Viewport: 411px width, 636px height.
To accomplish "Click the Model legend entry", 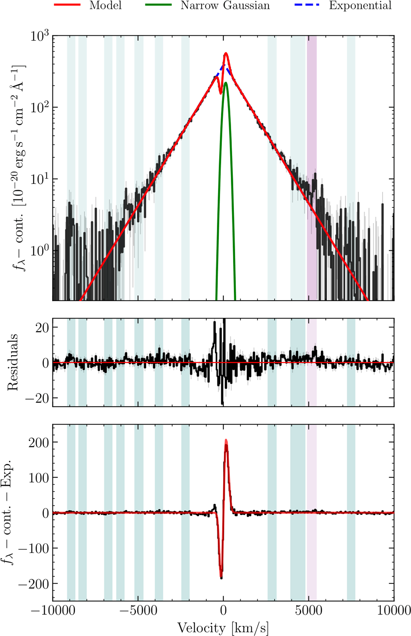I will click(105, 5).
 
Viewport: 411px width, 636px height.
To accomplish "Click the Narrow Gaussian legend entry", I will click(225, 5).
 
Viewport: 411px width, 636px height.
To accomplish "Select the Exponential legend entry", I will click(360, 5).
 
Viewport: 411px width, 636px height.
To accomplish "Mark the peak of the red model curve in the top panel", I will click(226, 53).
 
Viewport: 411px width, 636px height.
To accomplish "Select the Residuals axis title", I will click(13, 362).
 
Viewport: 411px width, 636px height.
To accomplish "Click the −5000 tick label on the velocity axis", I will click(138, 610).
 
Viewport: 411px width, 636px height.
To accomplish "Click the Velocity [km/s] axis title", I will click(223, 628).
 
